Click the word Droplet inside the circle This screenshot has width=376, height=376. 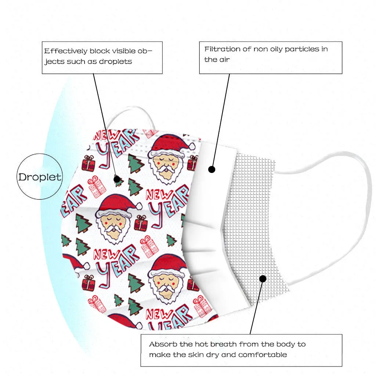40,177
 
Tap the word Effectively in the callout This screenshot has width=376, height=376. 66,51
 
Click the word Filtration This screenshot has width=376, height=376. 222,49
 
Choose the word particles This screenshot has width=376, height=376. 300,49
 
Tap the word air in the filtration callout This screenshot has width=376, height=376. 224,59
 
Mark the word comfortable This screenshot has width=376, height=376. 263,355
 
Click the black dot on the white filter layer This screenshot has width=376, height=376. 211,169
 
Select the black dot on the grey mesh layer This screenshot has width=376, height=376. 263,279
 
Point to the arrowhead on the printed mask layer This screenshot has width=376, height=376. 117,179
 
